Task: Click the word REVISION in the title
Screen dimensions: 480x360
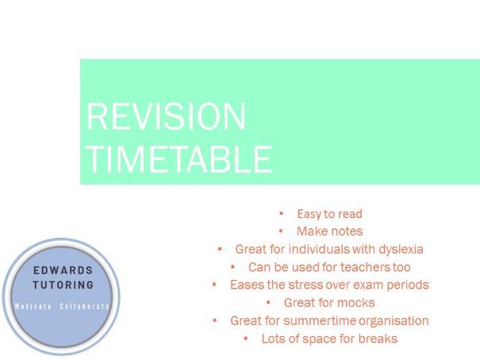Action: pos(167,117)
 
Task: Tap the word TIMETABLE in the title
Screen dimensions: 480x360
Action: pos(179,159)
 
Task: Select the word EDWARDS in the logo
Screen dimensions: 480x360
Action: pos(63,270)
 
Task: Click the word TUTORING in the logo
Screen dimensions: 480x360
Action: pos(63,285)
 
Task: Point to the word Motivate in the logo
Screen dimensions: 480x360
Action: pos(33,306)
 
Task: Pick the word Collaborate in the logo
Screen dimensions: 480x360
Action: pos(84,306)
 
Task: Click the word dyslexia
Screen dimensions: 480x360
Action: pos(401,250)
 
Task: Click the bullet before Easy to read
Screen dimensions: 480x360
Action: pos(282,213)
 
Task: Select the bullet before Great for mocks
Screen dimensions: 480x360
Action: pos(268,302)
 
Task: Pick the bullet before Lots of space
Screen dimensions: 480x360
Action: pos(246,339)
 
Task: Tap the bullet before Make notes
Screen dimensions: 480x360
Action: pos(281,232)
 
